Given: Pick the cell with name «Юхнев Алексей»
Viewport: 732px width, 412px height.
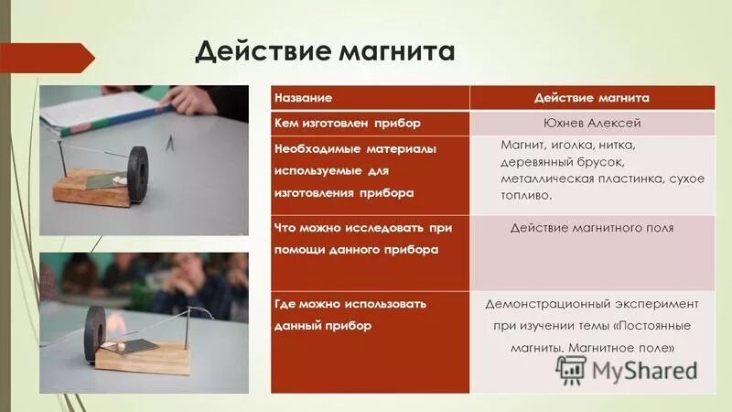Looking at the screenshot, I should pos(592,123).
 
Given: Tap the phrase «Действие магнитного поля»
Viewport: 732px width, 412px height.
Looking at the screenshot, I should pos(592,227).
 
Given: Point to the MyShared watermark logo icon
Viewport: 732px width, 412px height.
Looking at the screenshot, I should pos(571,369).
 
